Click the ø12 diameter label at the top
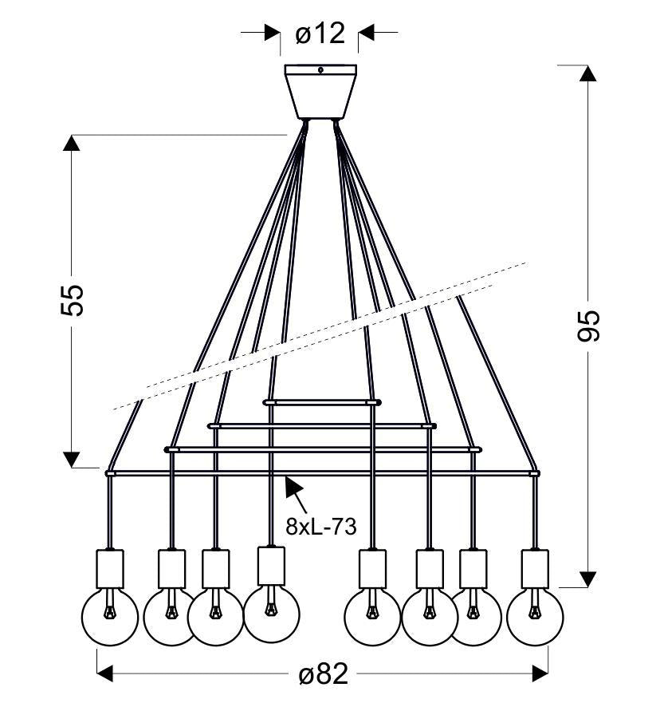(x=320, y=34)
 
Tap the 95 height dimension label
(x=589, y=325)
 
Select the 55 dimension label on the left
(x=72, y=299)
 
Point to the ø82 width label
(x=324, y=675)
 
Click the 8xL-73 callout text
(x=320, y=527)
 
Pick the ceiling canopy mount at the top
(x=320, y=91)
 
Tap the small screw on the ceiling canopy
(x=320, y=70)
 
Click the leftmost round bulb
(x=110, y=616)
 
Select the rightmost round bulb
(x=535, y=616)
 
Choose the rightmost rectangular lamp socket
(x=535, y=568)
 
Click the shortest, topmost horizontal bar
(x=322, y=402)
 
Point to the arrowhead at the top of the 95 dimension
(x=588, y=73)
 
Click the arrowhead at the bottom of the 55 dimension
(x=72, y=459)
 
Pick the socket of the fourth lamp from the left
(x=271, y=566)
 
